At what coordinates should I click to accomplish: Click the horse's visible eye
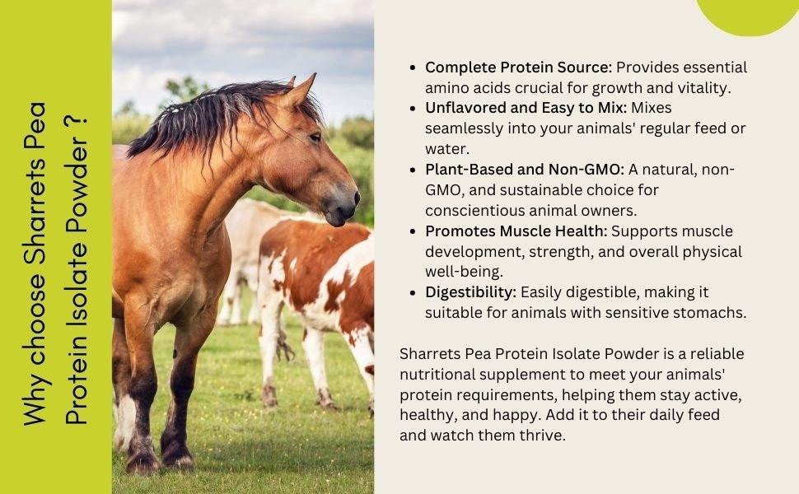click(x=315, y=137)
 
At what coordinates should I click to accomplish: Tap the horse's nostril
click(x=356, y=198)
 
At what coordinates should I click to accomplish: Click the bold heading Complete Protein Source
click(x=518, y=68)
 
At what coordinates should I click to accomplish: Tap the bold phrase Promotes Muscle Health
click(x=516, y=231)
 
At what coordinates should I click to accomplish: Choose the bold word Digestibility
click(x=470, y=292)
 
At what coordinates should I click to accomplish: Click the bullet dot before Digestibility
click(x=413, y=293)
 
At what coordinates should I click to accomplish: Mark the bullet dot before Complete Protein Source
click(x=413, y=68)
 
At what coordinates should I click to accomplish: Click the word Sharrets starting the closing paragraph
click(x=430, y=354)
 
